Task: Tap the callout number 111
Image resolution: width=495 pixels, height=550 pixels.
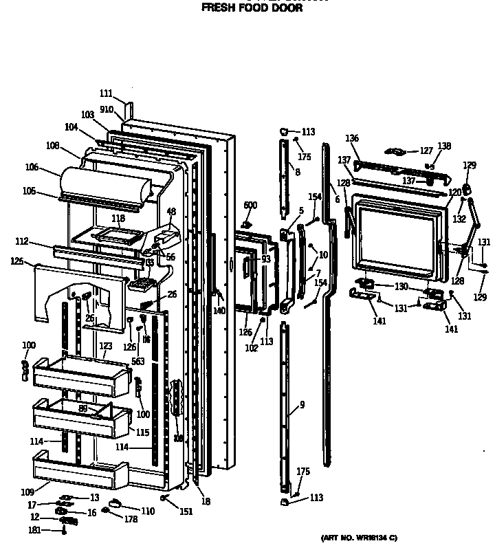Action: point(105,93)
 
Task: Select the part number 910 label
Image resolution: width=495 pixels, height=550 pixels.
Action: point(107,109)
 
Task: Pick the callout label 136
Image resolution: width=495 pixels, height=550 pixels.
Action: point(352,139)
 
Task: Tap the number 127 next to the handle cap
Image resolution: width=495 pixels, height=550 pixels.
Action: point(427,151)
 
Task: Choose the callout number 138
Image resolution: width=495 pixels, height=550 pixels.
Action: point(445,146)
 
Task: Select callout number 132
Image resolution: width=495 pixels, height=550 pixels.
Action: point(459,219)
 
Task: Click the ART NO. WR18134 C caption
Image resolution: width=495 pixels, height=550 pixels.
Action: point(359,537)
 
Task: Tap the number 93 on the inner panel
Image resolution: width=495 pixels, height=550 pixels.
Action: point(265,259)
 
